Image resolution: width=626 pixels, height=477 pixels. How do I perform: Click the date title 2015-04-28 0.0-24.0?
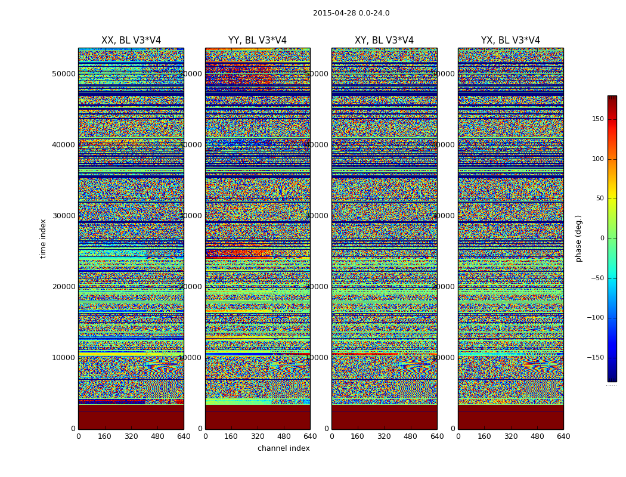pyautogui.click(x=351, y=13)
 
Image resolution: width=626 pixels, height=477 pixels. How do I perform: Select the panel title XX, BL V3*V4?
pyautogui.click(x=131, y=41)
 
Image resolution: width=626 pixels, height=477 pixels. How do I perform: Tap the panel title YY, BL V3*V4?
pyautogui.click(x=258, y=41)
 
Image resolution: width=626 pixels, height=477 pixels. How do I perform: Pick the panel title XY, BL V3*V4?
pyautogui.click(x=384, y=41)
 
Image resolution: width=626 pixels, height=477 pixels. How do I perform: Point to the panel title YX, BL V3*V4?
pyautogui.click(x=510, y=41)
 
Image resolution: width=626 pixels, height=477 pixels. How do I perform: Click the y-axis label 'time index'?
pyautogui.click(x=43, y=238)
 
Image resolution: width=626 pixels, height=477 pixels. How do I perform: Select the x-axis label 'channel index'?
pyautogui.click(x=284, y=448)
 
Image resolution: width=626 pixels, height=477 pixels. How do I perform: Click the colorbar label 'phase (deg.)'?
pyautogui.click(x=578, y=238)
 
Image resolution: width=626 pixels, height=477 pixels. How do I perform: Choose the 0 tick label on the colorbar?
pyautogui.click(x=602, y=238)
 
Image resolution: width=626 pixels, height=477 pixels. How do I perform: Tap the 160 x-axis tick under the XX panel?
pyautogui.click(x=105, y=436)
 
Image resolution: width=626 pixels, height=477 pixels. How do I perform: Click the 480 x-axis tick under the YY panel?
pyautogui.click(x=284, y=436)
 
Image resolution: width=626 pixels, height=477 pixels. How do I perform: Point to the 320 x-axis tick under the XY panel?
pyautogui.click(x=384, y=436)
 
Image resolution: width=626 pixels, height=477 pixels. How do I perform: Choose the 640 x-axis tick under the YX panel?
pyautogui.click(x=563, y=436)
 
